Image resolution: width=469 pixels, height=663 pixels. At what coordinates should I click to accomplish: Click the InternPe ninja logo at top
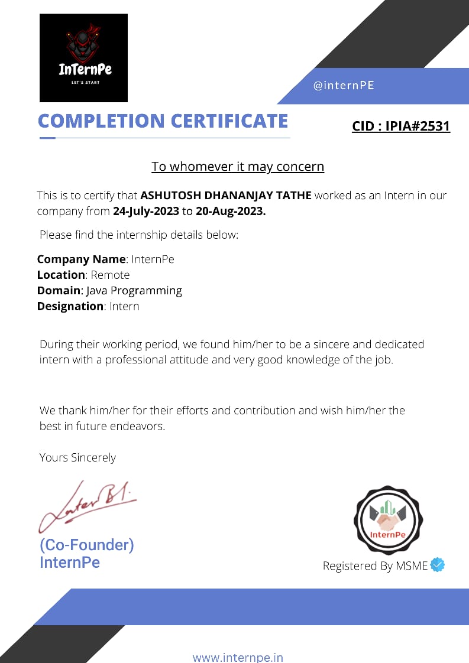tap(83, 57)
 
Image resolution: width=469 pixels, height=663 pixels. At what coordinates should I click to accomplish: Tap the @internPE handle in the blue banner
tap(344, 85)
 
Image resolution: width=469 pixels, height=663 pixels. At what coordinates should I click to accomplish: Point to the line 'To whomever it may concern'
tap(238, 167)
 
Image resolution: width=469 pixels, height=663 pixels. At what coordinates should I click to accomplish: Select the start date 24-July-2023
tap(145, 211)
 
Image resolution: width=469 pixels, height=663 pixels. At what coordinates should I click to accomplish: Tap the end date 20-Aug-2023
tap(231, 211)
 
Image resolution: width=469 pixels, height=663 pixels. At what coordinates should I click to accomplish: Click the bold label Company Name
tap(81, 259)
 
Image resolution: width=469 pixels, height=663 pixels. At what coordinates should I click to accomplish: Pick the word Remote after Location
tap(110, 275)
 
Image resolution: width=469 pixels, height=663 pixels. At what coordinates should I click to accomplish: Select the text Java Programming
tap(134, 290)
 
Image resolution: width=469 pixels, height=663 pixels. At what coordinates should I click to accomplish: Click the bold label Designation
tap(70, 306)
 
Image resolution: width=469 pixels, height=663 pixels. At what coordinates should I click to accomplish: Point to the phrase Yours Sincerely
tap(77, 457)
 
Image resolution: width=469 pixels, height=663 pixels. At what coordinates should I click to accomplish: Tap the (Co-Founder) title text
tap(86, 545)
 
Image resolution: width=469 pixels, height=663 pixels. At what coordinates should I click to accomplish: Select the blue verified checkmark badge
tap(438, 565)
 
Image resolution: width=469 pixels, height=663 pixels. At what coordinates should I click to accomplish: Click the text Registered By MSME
tap(375, 565)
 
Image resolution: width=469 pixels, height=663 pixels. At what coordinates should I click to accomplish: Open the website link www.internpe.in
tap(238, 657)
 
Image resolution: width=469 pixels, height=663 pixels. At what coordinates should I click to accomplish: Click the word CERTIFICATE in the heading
tap(229, 121)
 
